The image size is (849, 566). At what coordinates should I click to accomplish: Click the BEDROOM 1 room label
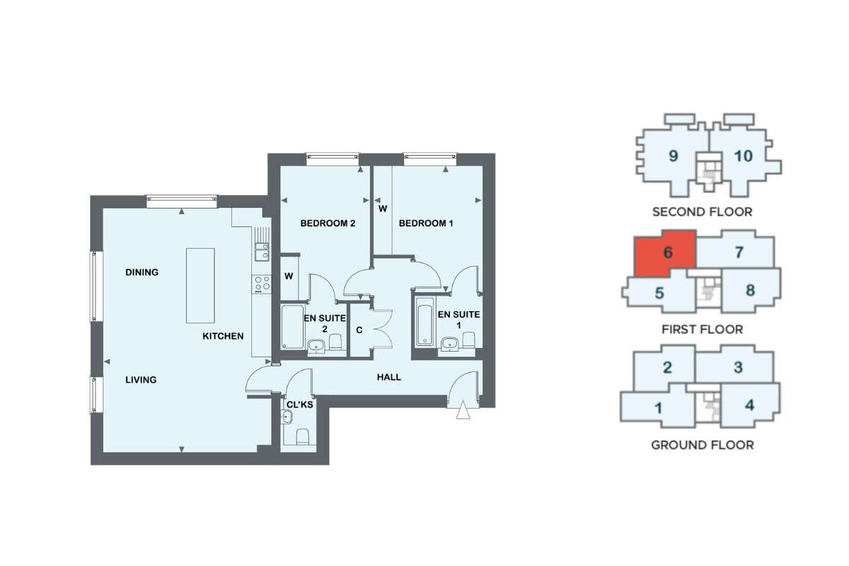(x=426, y=224)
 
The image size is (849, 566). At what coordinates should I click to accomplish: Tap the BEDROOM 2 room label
(x=328, y=224)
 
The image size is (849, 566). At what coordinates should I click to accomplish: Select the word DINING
(x=141, y=272)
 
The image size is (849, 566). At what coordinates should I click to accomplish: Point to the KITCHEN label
(x=223, y=336)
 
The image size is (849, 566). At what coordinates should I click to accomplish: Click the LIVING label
(x=141, y=379)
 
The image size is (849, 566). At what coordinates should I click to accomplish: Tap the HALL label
(x=389, y=377)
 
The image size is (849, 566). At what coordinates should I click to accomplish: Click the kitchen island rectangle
(x=200, y=285)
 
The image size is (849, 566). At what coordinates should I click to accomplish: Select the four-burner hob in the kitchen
(x=262, y=284)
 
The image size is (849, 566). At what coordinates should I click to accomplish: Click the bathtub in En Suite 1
(x=425, y=321)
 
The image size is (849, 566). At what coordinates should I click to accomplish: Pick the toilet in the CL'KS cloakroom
(x=303, y=437)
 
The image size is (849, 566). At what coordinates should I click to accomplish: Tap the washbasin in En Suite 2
(x=316, y=346)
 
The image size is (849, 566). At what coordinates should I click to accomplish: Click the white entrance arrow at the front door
(x=463, y=410)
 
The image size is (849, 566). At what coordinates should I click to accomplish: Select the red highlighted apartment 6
(x=665, y=253)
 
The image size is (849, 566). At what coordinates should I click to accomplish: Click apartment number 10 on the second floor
(x=744, y=156)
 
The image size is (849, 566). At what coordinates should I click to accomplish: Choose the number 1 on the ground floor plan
(x=658, y=408)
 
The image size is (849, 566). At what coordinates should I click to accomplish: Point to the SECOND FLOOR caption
(x=703, y=212)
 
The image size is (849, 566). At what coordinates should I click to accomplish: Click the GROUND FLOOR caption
(x=703, y=445)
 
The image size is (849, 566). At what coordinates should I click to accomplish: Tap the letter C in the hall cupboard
(x=359, y=330)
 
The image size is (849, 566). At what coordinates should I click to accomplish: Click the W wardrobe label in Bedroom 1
(x=383, y=209)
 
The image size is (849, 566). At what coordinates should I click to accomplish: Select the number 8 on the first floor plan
(x=750, y=290)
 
